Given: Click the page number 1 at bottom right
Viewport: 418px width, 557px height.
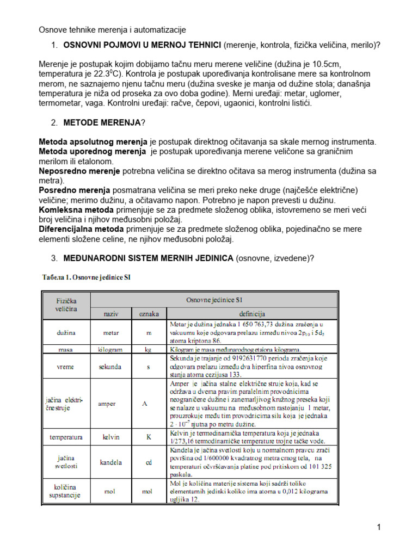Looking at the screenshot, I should coord(378,527).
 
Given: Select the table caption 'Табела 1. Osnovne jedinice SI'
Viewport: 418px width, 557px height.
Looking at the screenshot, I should coord(87,277).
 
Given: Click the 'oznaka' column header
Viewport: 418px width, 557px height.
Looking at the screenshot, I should coord(148,314).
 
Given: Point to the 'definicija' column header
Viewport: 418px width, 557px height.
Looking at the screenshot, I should coord(251,314).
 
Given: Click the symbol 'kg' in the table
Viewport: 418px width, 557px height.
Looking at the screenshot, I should coord(148,349).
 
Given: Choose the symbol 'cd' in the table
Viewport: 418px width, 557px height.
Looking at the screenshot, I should coord(148,462).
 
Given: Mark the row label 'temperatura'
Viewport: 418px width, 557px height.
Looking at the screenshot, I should coord(66,437).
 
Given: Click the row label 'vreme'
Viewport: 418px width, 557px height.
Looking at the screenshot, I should coord(66,367).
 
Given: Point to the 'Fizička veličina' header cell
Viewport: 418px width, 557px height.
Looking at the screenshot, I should coord(66,305).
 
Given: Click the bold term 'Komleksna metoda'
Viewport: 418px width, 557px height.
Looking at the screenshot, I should coord(76,209).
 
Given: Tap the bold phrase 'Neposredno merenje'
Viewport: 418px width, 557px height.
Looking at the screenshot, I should coord(79,171).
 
